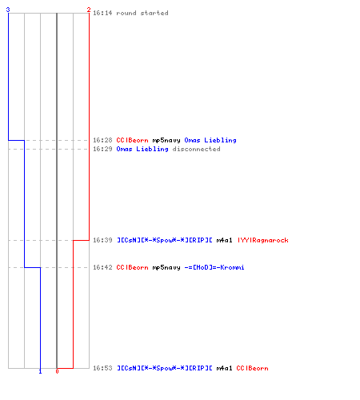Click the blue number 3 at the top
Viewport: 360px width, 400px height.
[8, 10]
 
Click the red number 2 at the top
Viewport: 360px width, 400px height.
[89, 10]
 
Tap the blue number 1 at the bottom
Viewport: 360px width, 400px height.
[40, 371]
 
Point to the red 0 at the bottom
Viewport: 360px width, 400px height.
[57, 371]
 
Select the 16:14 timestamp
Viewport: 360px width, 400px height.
[102, 13]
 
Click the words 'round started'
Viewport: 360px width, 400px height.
[142, 13]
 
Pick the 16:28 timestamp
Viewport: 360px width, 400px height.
[102, 140]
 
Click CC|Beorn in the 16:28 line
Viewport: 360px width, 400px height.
[132, 140]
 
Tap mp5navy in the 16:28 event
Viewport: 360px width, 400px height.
[166, 141]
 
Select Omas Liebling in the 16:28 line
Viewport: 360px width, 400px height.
[210, 141]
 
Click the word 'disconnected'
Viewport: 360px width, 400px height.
[197, 149]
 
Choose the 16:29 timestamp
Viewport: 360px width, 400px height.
[102, 149]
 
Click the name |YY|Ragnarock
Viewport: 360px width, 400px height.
[263, 241]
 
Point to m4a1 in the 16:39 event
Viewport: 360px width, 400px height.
[224, 241]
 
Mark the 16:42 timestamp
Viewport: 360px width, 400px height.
[102, 267]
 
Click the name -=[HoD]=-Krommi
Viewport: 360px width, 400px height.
[214, 267]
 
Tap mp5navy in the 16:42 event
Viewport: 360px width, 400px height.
[166, 268]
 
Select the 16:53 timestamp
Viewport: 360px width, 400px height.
[102, 368]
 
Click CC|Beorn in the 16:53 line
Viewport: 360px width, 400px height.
[252, 368]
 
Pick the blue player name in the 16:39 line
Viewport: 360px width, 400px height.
[165, 241]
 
